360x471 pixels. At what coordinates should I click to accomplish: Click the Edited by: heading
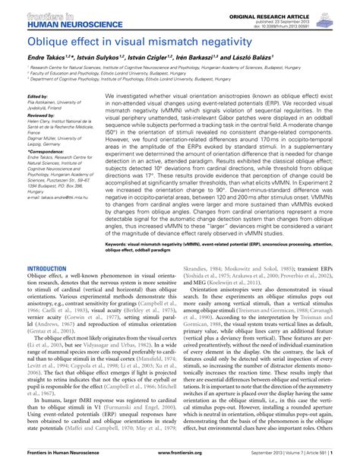click(37, 97)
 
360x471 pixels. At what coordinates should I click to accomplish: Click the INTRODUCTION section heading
click(46, 269)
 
